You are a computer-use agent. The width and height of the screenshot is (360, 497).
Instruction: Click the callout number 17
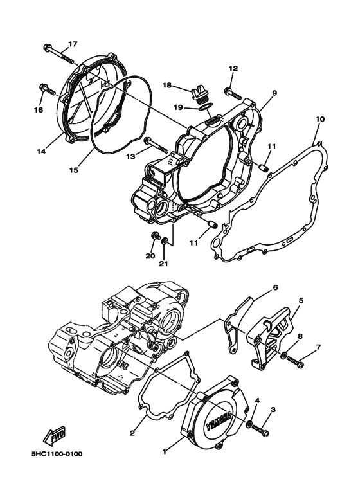(x=73, y=44)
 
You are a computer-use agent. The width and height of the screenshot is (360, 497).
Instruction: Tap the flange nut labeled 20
(x=154, y=238)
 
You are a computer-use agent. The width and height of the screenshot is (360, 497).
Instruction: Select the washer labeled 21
(x=166, y=241)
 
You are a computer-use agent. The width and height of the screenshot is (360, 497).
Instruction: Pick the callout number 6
(x=274, y=287)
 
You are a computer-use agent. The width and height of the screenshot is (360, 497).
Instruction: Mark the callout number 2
(x=132, y=433)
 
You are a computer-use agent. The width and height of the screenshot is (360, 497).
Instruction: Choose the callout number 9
(x=274, y=93)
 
